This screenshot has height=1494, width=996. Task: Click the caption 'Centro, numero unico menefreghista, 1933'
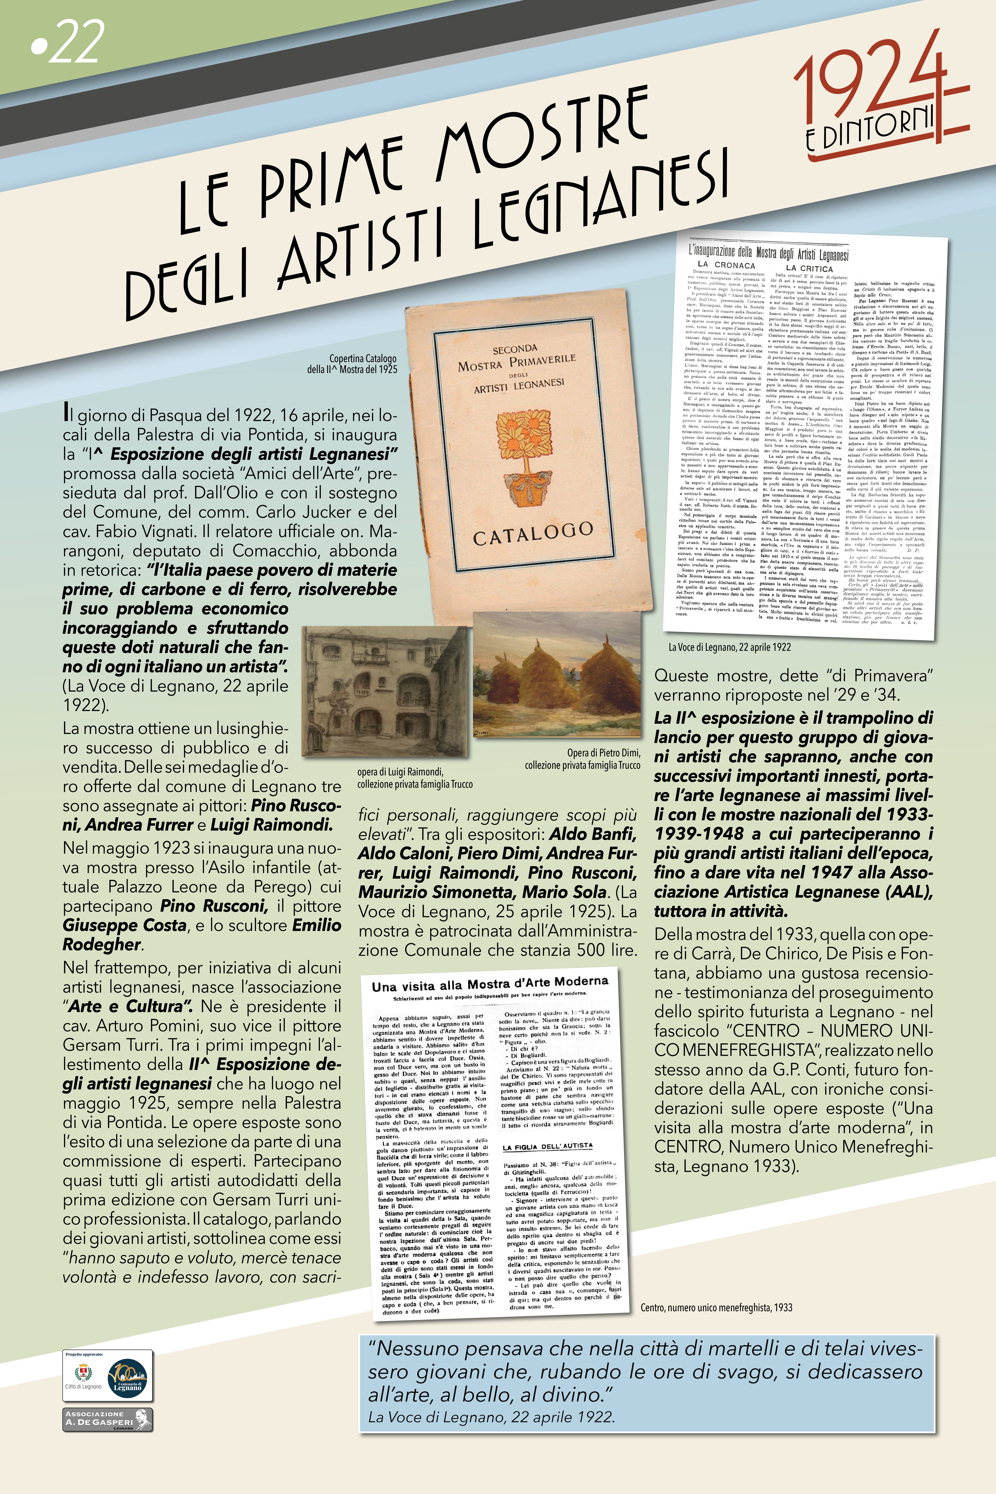coord(716,1307)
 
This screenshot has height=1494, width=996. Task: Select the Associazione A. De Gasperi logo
coord(107,1419)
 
